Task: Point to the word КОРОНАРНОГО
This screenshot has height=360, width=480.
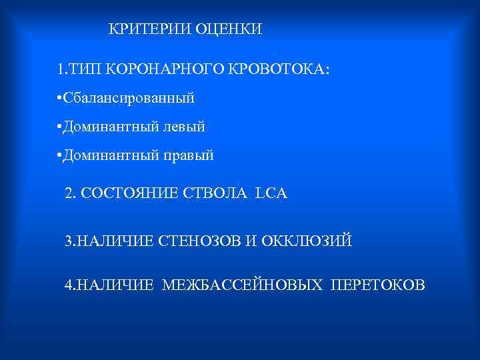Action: coord(157,69)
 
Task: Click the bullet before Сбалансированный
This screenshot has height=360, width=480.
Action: coord(60,98)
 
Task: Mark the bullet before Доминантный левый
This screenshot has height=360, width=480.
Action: coord(60,127)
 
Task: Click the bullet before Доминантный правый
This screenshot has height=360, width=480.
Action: coord(60,155)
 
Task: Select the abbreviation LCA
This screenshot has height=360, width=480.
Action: coord(271,193)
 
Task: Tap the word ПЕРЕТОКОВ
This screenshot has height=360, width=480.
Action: coord(377,285)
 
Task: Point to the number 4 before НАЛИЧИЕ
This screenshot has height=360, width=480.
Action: coord(69,285)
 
